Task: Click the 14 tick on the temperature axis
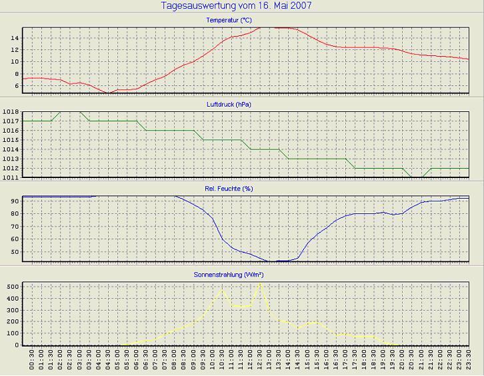point(13,38)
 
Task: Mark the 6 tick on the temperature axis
point(15,86)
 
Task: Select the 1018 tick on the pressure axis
point(11,112)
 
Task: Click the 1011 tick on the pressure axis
point(11,178)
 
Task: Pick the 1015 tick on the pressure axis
point(11,140)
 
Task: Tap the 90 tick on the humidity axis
point(13,201)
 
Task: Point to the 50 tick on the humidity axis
point(13,252)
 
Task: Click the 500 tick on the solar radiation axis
point(11,286)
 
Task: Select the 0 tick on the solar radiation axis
point(15,345)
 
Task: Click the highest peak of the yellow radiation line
point(260,283)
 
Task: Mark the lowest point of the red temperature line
point(108,93)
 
